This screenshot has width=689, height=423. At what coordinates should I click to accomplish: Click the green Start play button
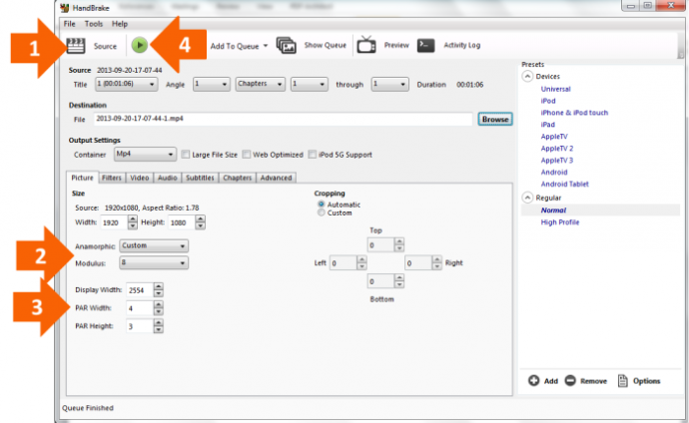[139, 45]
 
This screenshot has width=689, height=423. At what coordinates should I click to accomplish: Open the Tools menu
[94, 24]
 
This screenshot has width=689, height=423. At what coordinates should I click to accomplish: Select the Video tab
[139, 178]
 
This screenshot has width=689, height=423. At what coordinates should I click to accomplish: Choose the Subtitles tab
[200, 178]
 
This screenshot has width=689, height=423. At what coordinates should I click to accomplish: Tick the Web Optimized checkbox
[247, 155]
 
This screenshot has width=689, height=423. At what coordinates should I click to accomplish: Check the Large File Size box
[186, 155]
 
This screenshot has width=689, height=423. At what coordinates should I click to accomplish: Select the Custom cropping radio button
[322, 212]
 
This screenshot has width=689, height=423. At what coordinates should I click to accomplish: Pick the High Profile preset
[560, 222]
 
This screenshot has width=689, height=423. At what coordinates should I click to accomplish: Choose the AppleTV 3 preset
[557, 161]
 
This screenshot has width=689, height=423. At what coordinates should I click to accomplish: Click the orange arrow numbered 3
[42, 306]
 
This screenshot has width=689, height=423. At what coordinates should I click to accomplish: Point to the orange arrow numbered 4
[179, 44]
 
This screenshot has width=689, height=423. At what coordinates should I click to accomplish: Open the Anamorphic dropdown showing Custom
[154, 245]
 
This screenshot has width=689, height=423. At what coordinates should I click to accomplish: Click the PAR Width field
[140, 308]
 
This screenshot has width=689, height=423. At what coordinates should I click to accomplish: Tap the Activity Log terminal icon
[425, 45]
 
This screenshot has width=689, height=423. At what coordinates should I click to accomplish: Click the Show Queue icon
[286, 45]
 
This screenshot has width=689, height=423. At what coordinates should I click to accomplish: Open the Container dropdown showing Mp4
[145, 154]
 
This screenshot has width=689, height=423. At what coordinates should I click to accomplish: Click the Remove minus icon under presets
[570, 381]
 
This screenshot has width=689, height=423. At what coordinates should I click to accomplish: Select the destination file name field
[283, 119]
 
